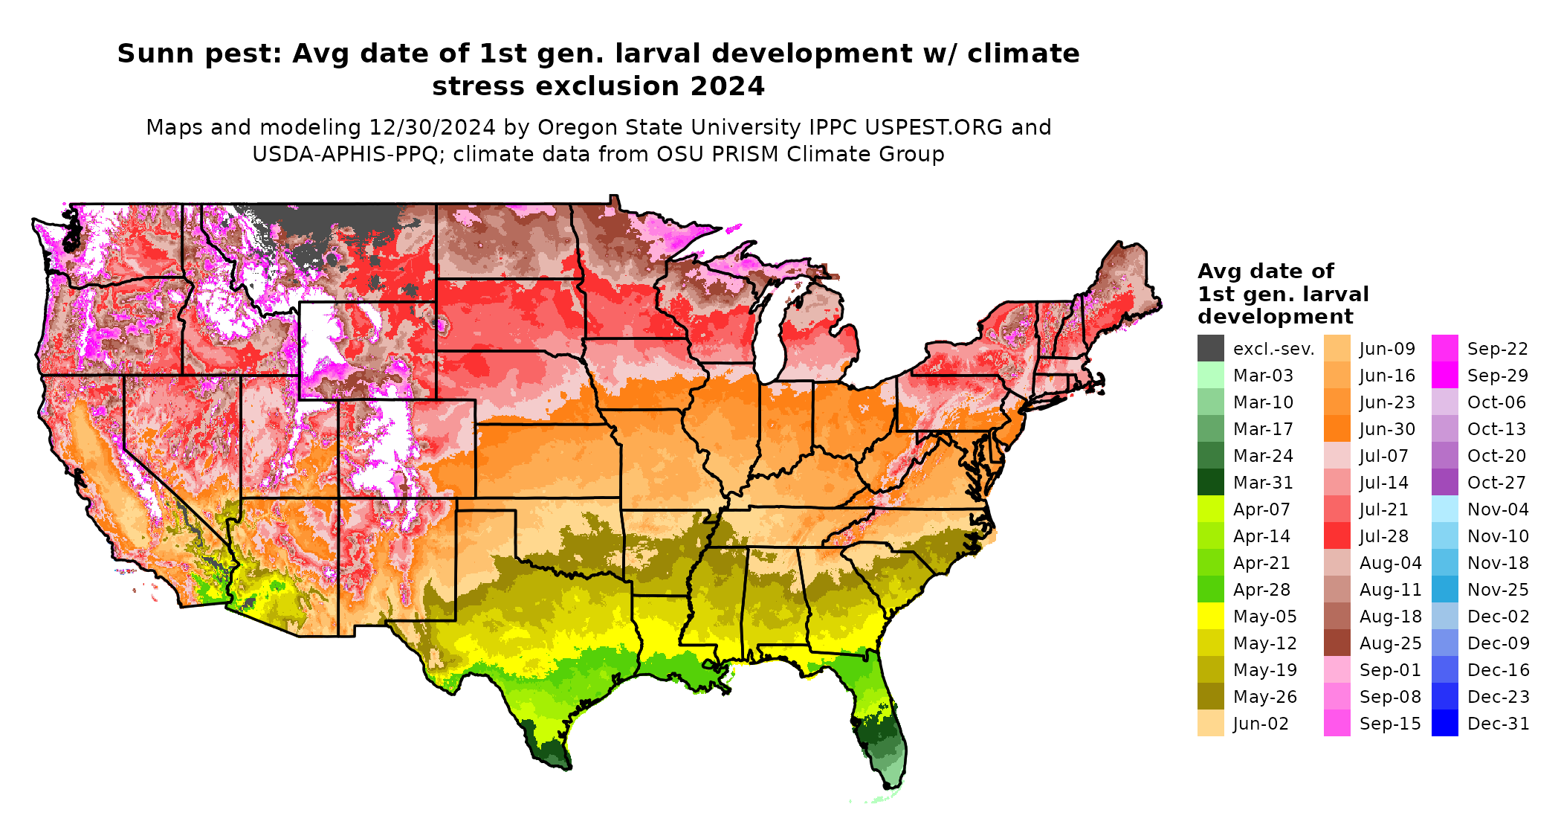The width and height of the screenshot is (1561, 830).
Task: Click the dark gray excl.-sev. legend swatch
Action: pyautogui.click(x=1210, y=349)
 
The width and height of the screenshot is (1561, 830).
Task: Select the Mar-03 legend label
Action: pyautogui.click(x=1263, y=376)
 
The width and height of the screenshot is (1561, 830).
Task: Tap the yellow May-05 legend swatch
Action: pyautogui.click(x=1210, y=617)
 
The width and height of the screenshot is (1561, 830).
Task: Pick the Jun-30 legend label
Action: pyautogui.click(x=1387, y=429)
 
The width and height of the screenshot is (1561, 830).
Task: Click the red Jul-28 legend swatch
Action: pyautogui.click(x=1337, y=536)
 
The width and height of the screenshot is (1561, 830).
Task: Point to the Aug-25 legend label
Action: pyautogui.click(x=1390, y=643)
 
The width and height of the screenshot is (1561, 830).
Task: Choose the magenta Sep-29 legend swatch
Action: pyautogui.click(x=1444, y=376)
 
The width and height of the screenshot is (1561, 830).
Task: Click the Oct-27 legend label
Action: pyautogui.click(x=1496, y=483)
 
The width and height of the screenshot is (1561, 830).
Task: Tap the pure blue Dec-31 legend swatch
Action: pyautogui.click(x=1444, y=724)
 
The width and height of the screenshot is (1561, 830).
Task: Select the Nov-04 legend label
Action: pyautogui.click(x=1498, y=509)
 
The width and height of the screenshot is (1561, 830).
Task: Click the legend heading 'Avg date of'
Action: pyautogui.click(x=1265, y=271)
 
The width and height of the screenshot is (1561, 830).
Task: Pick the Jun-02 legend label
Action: pyautogui.click(x=1261, y=724)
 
